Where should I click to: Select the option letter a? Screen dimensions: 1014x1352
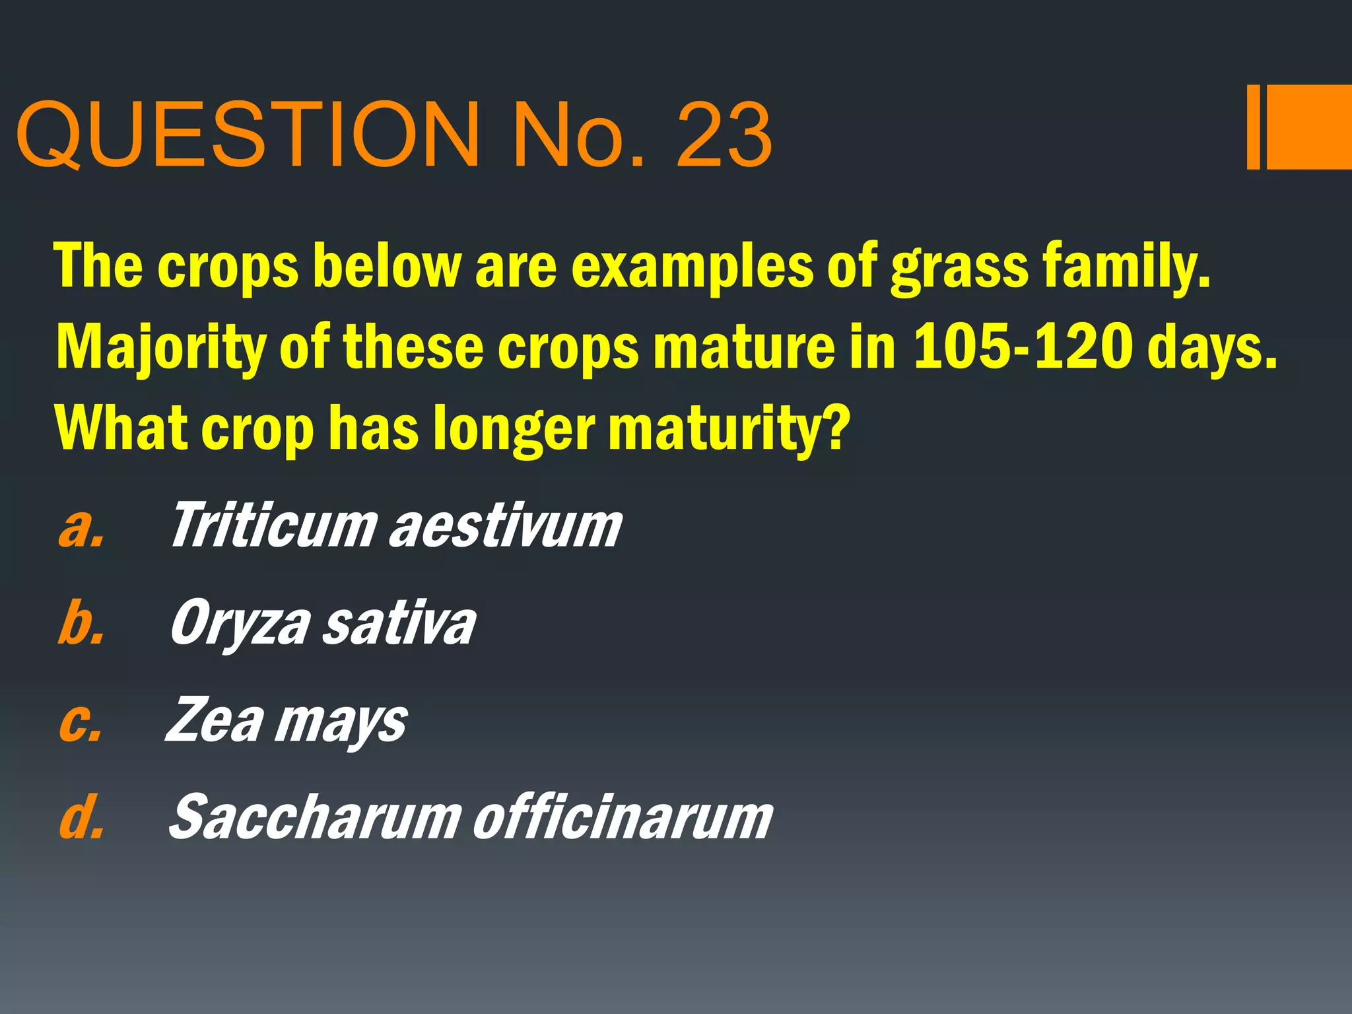[x=81, y=528]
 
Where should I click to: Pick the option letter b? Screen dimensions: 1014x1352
[x=81, y=623]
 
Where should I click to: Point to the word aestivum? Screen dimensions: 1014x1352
[x=506, y=527]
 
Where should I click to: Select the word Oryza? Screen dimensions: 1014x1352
[x=240, y=625]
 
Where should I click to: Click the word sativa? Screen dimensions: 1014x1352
[x=399, y=625]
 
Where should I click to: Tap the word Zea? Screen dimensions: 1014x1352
[x=215, y=721]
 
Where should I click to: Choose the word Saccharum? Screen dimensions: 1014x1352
[x=314, y=817]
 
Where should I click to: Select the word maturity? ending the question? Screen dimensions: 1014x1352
[x=726, y=429]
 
